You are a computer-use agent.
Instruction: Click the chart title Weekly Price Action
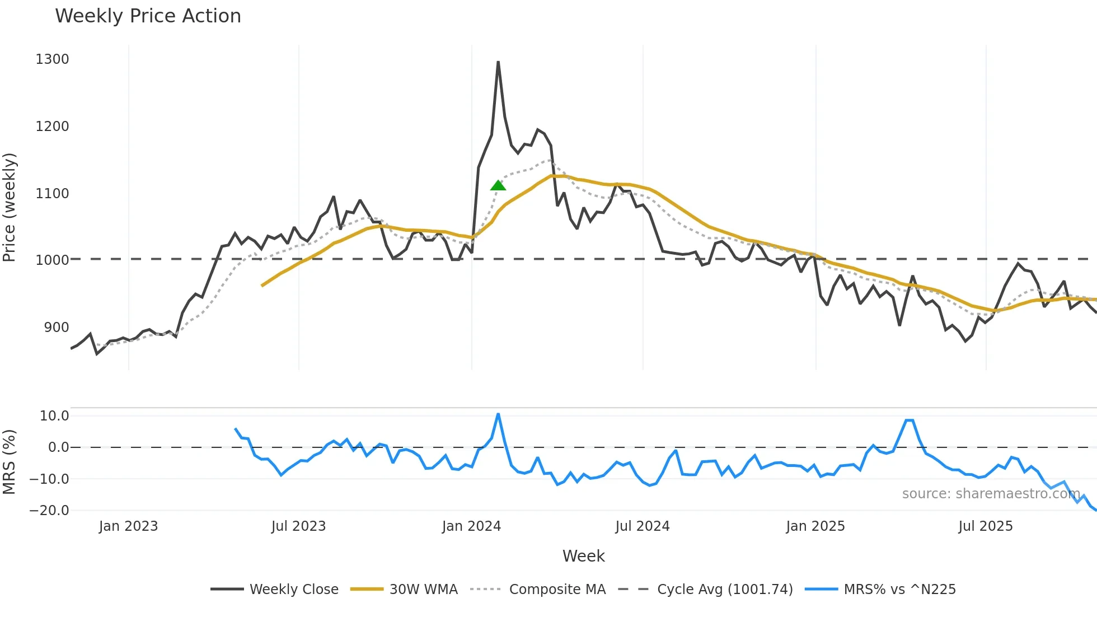click(x=148, y=16)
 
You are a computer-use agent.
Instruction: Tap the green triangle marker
click(x=498, y=185)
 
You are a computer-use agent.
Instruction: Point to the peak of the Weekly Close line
click(x=498, y=62)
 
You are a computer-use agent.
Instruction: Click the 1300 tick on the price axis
click(x=52, y=59)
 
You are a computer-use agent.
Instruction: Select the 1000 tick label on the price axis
click(x=52, y=260)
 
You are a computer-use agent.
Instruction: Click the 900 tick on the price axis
click(x=56, y=328)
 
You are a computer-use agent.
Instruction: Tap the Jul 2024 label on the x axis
click(x=642, y=526)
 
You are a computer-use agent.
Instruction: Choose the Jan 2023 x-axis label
click(x=128, y=526)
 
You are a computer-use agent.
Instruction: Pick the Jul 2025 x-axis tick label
click(x=985, y=526)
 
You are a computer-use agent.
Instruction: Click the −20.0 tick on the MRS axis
click(x=49, y=511)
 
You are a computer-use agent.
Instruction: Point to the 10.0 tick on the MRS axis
click(x=54, y=416)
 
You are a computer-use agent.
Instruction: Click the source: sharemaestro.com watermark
click(x=991, y=494)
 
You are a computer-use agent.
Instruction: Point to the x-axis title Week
click(x=583, y=556)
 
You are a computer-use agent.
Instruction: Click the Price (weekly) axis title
click(x=10, y=207)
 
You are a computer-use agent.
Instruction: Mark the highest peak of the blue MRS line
click(x=498, y=414)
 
